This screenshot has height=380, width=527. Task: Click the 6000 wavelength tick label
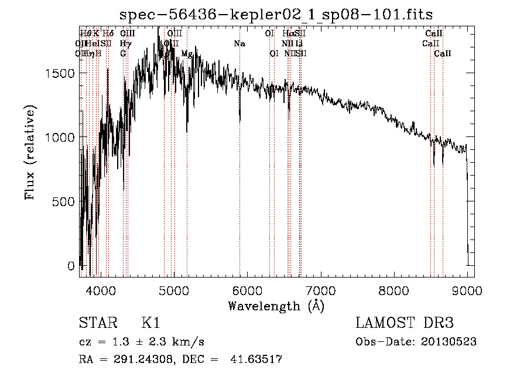pos(247,290)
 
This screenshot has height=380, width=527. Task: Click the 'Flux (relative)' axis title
pos(30,152)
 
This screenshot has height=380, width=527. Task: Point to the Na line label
pos(239,43)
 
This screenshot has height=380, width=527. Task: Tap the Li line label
pos(299,43)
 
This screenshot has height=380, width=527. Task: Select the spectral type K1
pos(150,323)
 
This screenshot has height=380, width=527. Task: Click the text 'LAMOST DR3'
pos(405,323)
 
